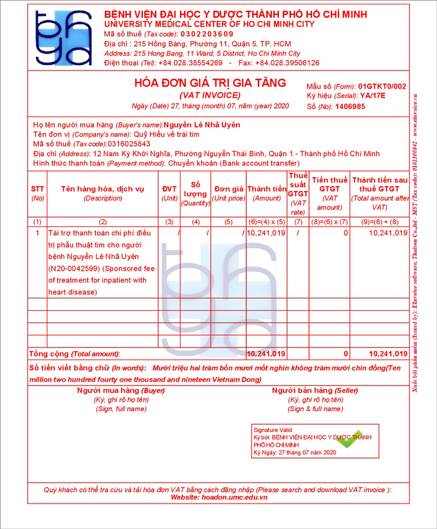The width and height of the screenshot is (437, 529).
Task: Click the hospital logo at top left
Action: click(63, 37)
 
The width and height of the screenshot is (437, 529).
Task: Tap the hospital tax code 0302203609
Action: click(207, 34)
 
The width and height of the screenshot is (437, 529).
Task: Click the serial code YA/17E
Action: click(373, 96)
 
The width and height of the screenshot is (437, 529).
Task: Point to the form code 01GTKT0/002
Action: click(382, 86)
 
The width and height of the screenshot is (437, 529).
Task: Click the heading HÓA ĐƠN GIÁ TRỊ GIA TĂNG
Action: click(210, 83)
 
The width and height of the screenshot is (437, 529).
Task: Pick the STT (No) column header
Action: click(37, 193)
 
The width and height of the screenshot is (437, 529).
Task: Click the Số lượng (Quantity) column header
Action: click(195, 193)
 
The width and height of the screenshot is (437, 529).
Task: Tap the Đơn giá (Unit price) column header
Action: click(228, 193)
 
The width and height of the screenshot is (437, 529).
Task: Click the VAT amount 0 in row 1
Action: click(345, 233)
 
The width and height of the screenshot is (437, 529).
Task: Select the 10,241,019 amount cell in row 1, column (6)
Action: click(266, 233)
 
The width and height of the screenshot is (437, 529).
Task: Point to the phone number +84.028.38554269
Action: click(190, 63)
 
